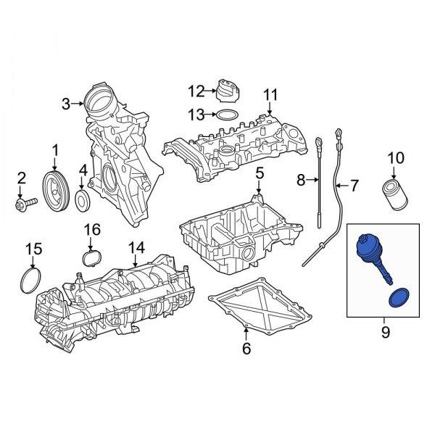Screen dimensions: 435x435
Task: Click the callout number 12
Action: coord(196,91)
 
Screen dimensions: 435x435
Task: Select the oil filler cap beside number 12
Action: coord(228,91)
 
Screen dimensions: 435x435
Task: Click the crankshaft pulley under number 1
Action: coord(56,192)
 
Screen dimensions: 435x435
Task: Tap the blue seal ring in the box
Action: coord(399,298)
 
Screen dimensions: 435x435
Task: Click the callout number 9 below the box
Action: coord(386,332)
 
